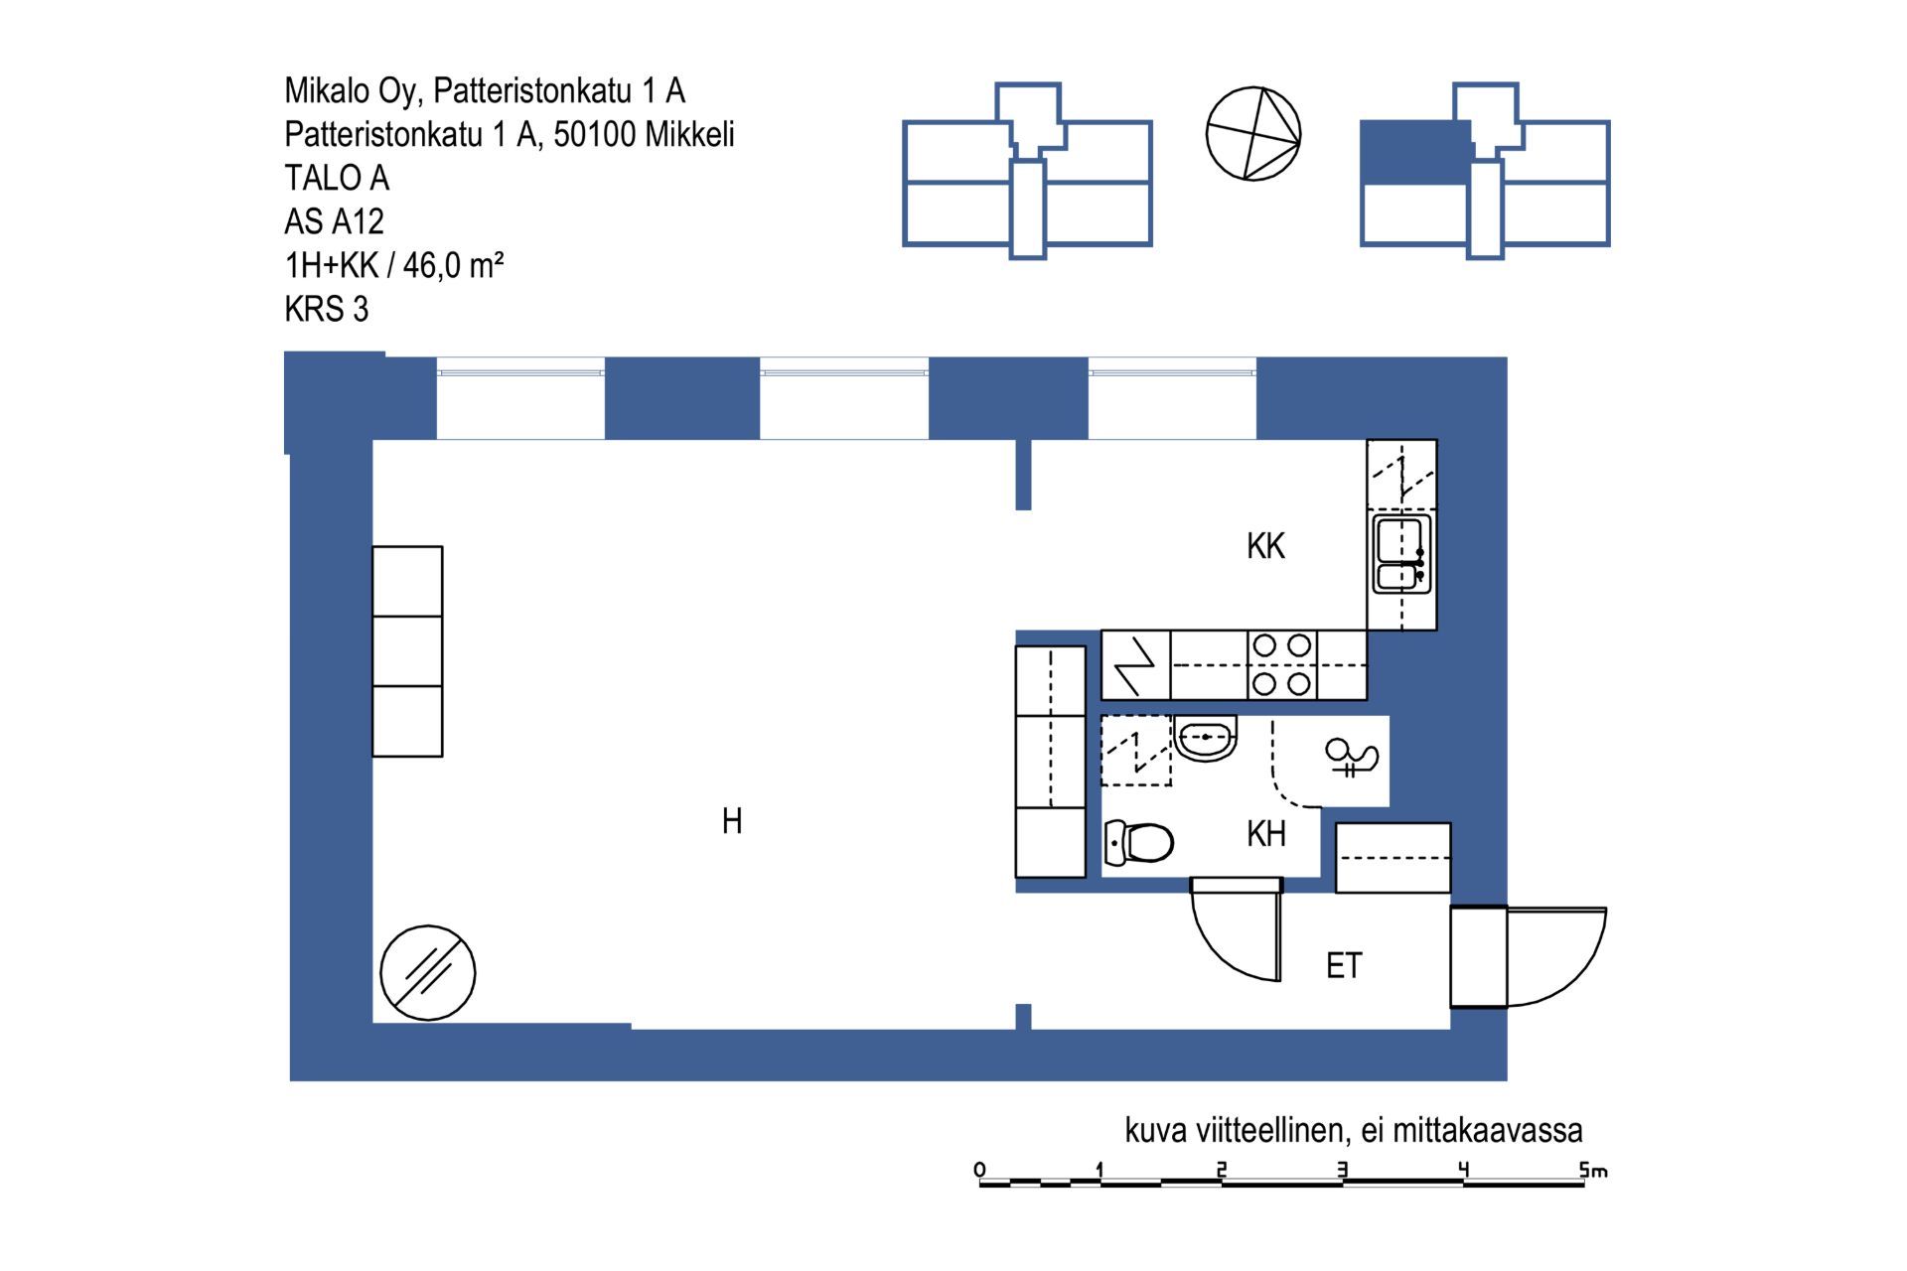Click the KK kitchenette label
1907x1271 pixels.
[x=1265, y=546]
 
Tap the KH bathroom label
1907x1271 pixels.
[x=1266, y=834]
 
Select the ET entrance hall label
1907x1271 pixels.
[x=1344, y=965]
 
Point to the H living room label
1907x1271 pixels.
[x=732, y=821]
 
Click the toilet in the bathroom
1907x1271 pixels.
[x=1139, y=843]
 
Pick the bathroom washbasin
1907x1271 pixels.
[x=1206, y=738]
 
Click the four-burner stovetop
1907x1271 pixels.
[x=1281, y=664]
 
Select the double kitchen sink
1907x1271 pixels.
[x=1401, y=553]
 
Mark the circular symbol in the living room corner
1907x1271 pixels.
[x=428, y=973]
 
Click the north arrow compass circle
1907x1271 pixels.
[x=1253, y=134]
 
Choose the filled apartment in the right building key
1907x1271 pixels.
[x=1414, y=153]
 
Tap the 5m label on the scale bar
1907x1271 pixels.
[x=1593, y=1170]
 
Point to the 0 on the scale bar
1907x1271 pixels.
[x=980, y=1169]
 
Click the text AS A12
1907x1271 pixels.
[x=334, y=221]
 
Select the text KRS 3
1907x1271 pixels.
[x=326, y=309]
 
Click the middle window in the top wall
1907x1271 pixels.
[x=844, y=398]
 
